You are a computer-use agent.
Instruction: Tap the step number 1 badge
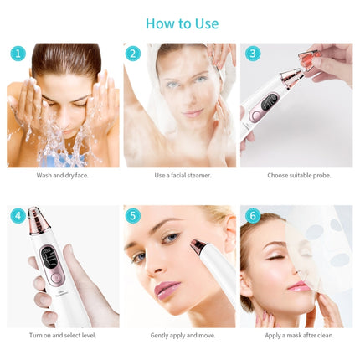tap(18, 54)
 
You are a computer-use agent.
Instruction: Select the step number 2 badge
tap(133, 54)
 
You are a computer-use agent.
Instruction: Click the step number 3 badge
tap(253, 54)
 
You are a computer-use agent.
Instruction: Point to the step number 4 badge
tap(18, 216)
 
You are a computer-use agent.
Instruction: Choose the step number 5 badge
tap(133, 216)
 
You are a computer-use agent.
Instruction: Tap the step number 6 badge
tap(253, 216)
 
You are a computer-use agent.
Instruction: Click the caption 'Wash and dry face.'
tap(64, 176)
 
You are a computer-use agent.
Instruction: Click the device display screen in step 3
tap(270, 103)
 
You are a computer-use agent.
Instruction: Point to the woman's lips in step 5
tap(167, 290)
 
